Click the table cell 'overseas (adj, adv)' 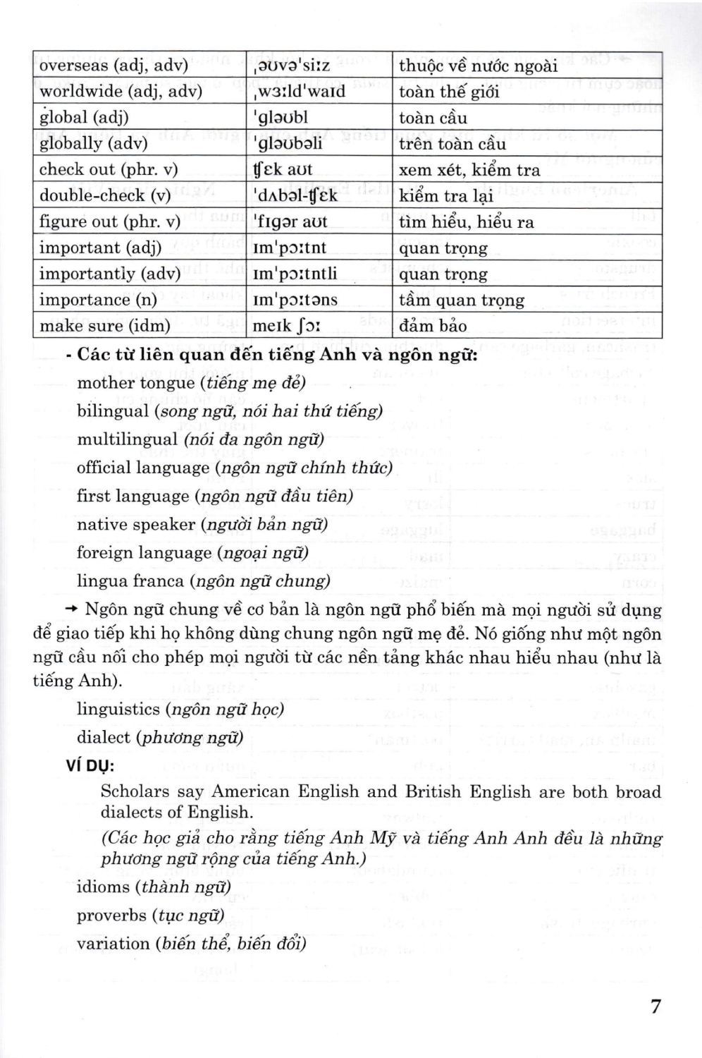point(113,66)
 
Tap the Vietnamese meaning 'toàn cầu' point(433,118)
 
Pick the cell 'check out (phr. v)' point(109,169)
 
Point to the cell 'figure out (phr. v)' point(110,221)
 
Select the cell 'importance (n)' point(98,300)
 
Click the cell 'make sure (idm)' point(105,326)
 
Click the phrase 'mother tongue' point(135,383)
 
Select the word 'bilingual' point(113,411)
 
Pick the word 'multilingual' point(127,439)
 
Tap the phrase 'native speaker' point(135,525)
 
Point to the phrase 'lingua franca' point(130,581)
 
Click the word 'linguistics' point(118,709)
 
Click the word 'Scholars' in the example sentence point(135,791)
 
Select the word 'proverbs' point(111,916)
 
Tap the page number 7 point(655,1006)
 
